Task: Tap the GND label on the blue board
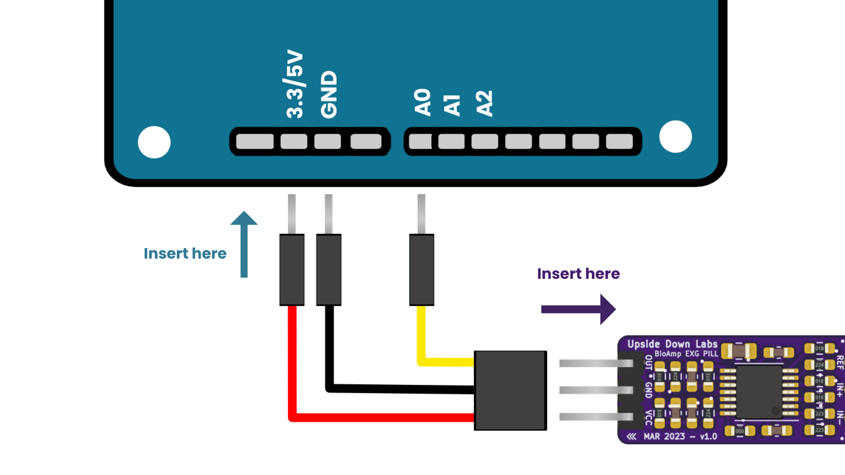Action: [329, 95]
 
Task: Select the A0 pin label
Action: [422, 102]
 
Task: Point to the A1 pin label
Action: [452, 106]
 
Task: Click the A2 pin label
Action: [484, 103]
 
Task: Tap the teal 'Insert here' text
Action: [185, 254]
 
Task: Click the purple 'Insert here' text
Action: [578, 274]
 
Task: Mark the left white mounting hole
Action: [154, 142]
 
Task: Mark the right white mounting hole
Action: [675, 137]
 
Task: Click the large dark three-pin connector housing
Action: [510, 390]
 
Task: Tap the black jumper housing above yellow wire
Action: [422, 270]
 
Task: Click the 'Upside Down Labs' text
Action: [672, 344]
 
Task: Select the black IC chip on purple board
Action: [759, 391]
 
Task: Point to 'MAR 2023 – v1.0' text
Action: [680, 436]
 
